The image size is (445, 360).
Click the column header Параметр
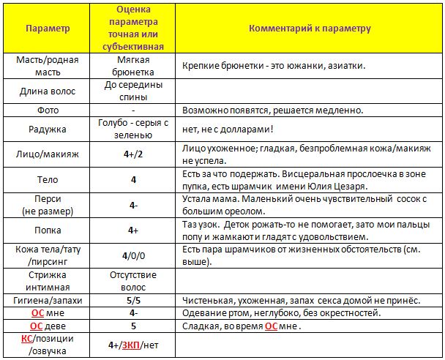coord(48,29)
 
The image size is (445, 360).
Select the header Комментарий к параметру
coord(310,29)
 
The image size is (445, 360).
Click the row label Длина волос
coord(48,91)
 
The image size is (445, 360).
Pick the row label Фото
coord(48,110)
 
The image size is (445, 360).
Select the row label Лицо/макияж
coord(48,155)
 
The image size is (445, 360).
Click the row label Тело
coord(48,179)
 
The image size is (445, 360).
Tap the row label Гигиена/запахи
coord(48,300)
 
